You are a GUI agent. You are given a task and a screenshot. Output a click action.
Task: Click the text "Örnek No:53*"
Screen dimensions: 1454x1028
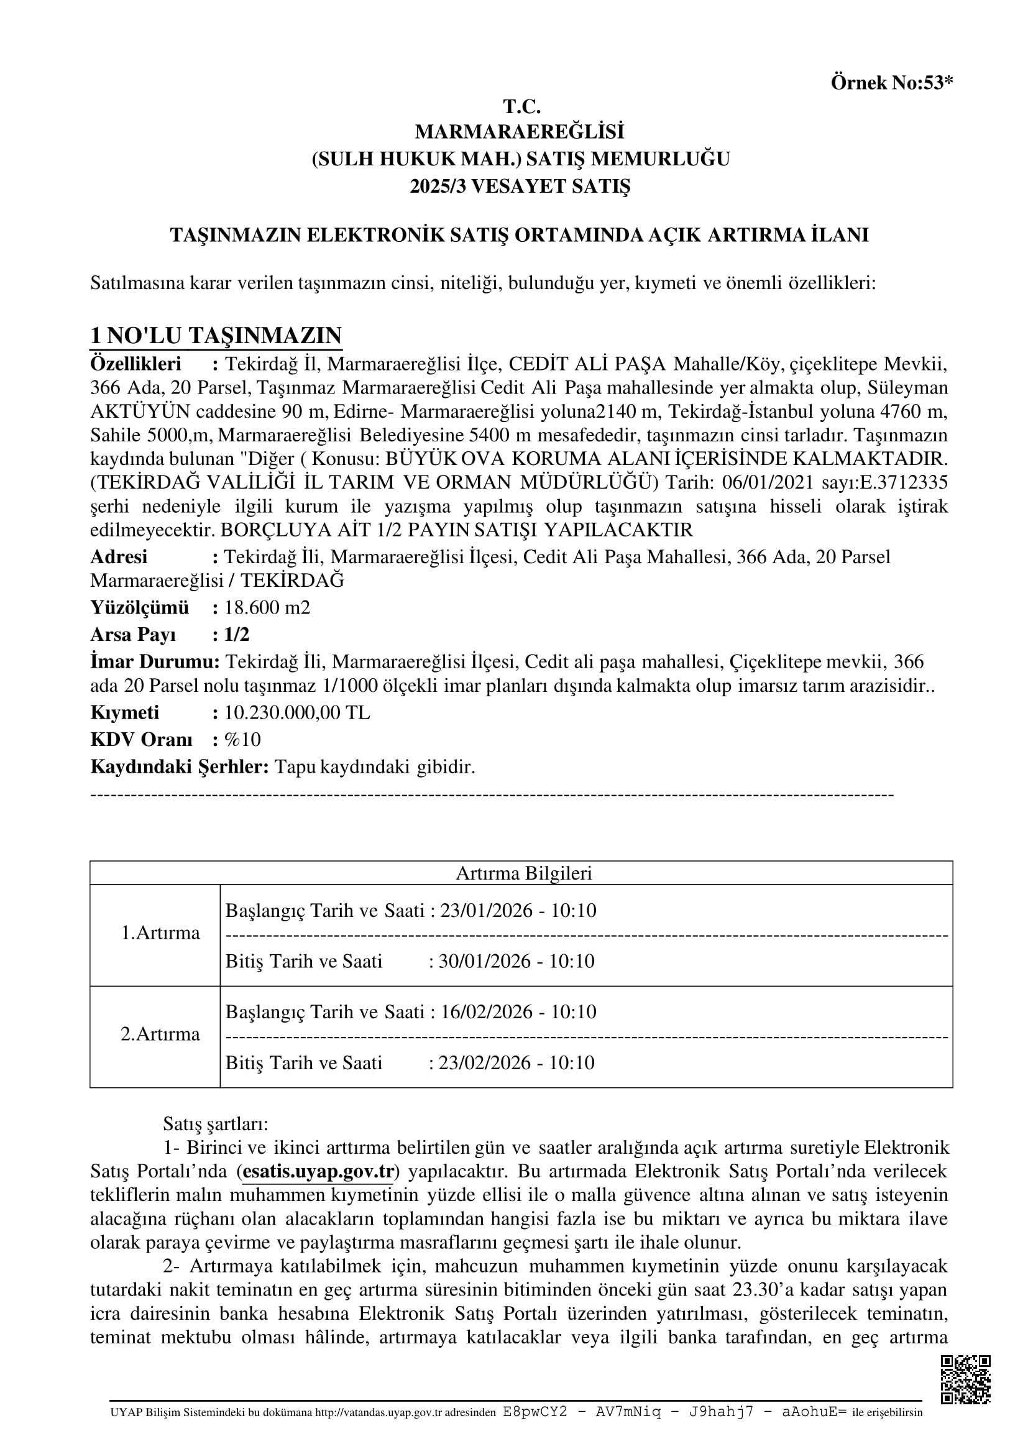pos(891,83)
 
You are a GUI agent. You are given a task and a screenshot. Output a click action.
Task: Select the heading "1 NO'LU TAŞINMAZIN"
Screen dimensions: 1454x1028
pos(216,335)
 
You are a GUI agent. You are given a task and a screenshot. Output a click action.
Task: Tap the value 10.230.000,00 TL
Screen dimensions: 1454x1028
pos(297,712)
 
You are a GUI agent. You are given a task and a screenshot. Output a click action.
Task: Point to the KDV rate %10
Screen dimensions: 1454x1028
pos(242,739)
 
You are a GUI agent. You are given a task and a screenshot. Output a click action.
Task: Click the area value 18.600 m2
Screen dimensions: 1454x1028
pos(267,607)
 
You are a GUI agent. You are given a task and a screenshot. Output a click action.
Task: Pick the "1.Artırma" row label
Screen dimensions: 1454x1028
pos(160,933)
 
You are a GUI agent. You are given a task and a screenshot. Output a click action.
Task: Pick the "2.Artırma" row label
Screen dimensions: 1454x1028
pos(160,1034)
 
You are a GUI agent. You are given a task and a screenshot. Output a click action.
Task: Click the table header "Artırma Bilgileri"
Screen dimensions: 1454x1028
pos(523,873)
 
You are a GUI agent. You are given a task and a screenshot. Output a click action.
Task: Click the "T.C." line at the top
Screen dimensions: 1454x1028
pos(521,106)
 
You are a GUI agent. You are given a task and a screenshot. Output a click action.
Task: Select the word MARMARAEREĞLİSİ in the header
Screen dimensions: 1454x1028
pos(520,132)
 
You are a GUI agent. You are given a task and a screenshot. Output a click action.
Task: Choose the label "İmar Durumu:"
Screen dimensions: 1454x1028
pos(155,662)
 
